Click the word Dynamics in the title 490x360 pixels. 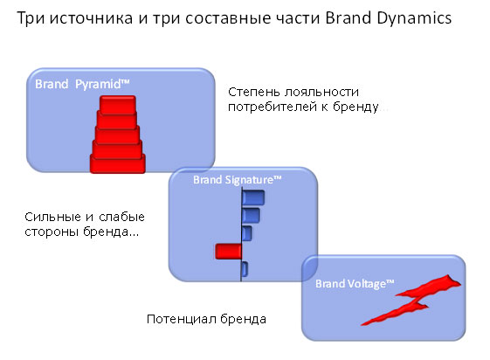[x=414, y=18]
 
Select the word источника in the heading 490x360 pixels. [x=91, y=18]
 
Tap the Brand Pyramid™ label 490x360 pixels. [x=82, y=85]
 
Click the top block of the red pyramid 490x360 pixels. [x=118, y=104]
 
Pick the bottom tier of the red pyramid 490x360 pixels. [x=118, y=163]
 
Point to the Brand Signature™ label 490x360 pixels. [x=238, y=180]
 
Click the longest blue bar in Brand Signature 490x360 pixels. [x=253, y=197]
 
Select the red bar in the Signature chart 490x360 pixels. [x=229, y=252]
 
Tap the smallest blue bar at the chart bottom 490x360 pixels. [x=245, y=269]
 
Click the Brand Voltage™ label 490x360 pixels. [x=355, y=284]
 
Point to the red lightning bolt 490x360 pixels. [x=411, y=300]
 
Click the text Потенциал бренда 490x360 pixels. [x=206, y=320]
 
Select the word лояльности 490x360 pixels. [x=322, y=93]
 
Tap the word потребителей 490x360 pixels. [x=273, y=107]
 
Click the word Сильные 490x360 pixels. [x=52, y=217]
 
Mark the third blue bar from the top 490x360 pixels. [x=247, y=233]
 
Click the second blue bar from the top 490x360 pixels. [x=251, y=215]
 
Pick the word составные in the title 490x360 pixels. [x=228, y=18]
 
